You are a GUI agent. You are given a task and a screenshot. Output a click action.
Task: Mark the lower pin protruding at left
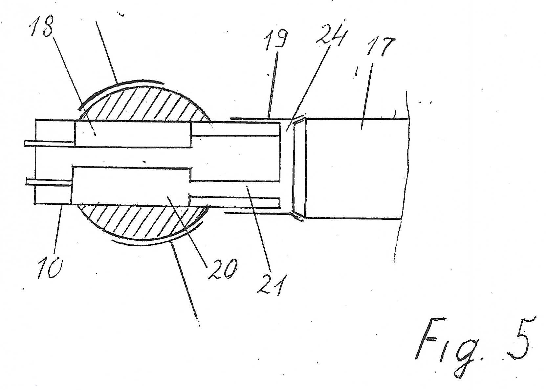click(49, 182)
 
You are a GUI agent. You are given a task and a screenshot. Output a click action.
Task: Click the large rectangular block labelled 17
click(356, 168)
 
